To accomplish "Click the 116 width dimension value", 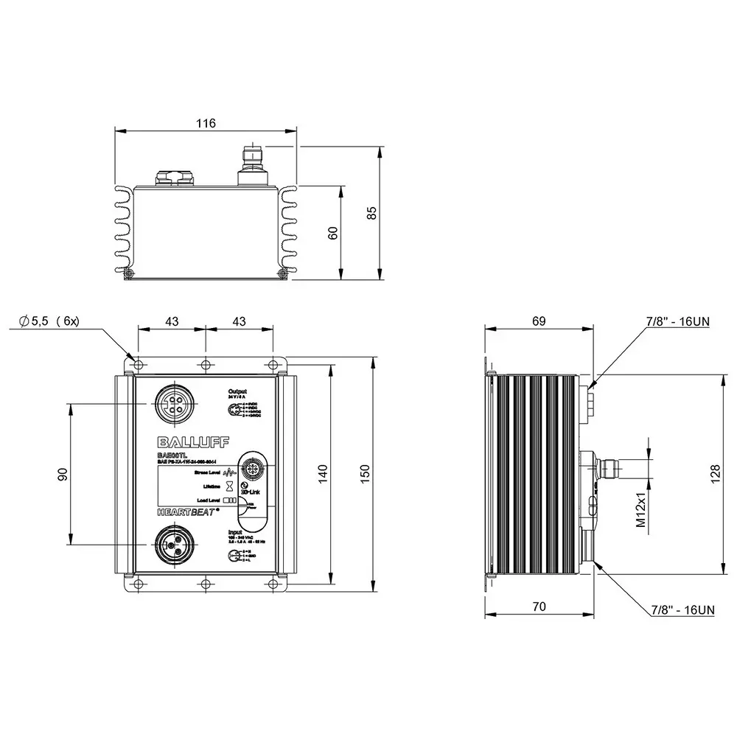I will tap(206, 124).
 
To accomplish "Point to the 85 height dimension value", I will tap(372, 213).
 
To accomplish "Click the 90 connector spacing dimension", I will tap(63, 475).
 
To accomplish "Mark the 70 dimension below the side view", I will tap(539, 607).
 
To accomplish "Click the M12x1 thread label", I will tap(640, 509).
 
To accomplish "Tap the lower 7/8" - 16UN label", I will tap(682, 609).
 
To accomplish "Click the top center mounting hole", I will tap(206, 364).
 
